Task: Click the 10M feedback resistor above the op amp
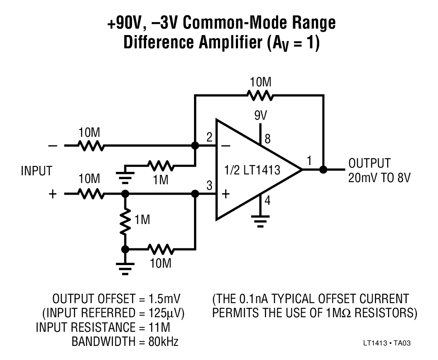260,96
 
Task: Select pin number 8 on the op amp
268,139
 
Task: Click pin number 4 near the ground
268,200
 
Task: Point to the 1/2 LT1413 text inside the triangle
252,170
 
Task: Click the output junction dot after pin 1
323,169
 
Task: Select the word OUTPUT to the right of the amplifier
369,163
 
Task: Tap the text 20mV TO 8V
379,177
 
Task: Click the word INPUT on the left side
36,171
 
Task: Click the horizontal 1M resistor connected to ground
160,165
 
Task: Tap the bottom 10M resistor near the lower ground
160,249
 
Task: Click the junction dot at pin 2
195,146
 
